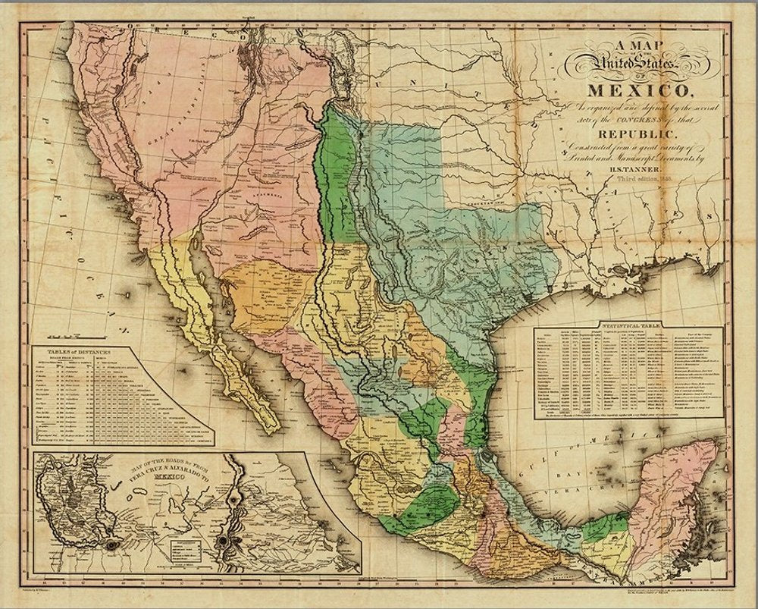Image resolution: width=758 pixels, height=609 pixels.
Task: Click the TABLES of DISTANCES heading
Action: [79, 353]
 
